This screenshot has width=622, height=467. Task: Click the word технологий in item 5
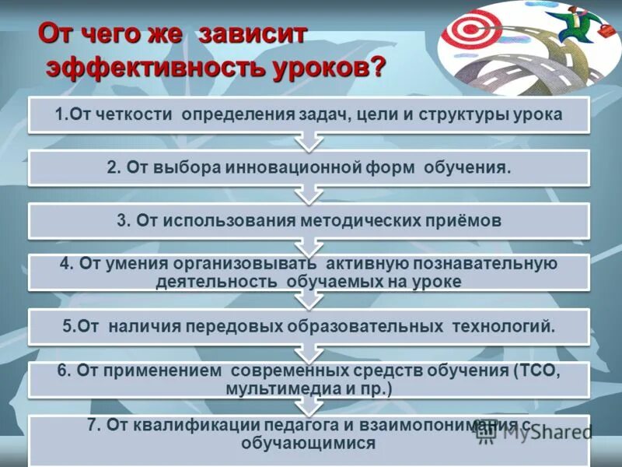pyautogui.click(x=508, y=326)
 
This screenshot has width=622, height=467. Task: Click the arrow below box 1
pyautogui.click(x=309, y=141)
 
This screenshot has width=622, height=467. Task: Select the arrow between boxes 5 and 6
pyautogui.click(x=309, y=353)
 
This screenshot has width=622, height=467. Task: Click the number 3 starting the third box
pyautogui.click(x=121, y=220)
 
